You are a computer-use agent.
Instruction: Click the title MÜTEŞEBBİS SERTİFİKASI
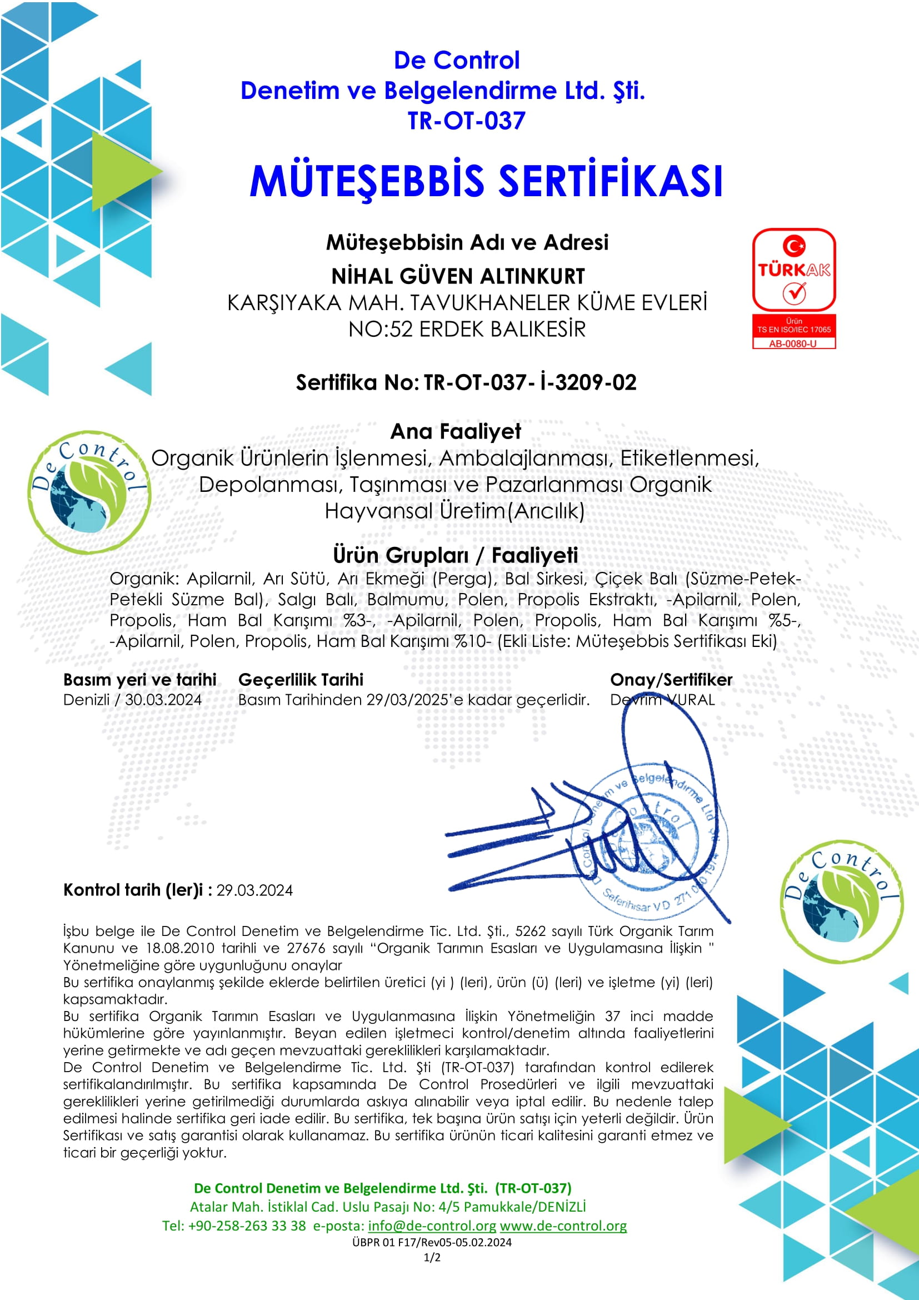point(486,181)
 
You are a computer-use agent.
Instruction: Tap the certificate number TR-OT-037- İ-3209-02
point(530,383)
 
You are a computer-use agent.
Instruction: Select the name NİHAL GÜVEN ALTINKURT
point(458,276)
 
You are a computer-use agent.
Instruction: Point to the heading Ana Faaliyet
point(456,431)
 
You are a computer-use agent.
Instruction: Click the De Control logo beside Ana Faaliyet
point(89,491)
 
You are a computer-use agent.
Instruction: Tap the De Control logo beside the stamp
point(841,901)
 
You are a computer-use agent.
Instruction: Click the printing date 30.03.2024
point(163,700)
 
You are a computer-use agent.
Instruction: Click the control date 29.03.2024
point(254,890)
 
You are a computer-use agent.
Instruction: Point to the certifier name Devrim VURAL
point(662,700)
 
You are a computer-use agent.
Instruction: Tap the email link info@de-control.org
point(432,1226)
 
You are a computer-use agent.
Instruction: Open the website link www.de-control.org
point(563,1226)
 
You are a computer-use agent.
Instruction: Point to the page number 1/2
point(432,1258)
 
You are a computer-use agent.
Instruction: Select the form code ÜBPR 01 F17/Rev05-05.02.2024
point(432,1242)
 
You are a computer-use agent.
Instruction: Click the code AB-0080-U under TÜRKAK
point(793,343)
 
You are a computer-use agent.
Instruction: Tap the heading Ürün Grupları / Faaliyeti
point(455,555)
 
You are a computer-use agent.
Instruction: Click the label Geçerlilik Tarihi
point(301,679)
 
